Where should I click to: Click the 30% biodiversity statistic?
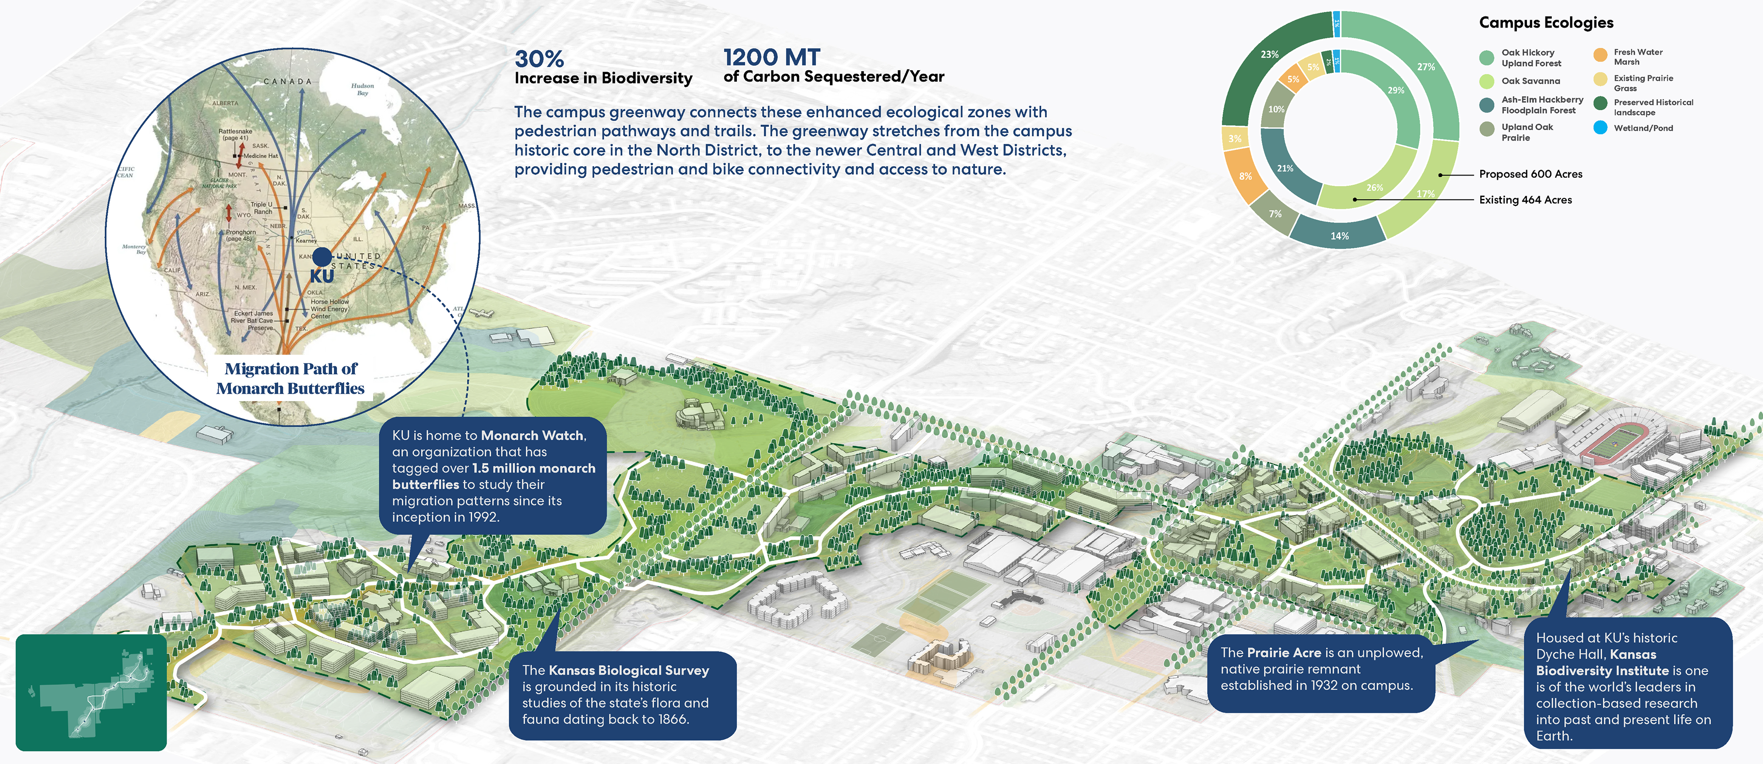coord(539,59)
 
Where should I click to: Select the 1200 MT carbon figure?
coord(771,57)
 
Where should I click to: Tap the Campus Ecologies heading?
coord(1545,23)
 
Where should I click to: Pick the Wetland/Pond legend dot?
coord(1600,128)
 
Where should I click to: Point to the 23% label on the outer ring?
coord(1269,54)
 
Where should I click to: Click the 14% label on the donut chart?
coord(1339,236)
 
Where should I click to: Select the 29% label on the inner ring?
coord(1396,91)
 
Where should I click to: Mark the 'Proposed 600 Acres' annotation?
coord(1530,175)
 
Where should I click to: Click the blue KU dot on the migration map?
coord(322,257)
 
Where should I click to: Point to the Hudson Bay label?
coord(362,90)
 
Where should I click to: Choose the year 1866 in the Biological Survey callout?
coord(672,719)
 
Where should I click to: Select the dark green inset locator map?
coord(91,692)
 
